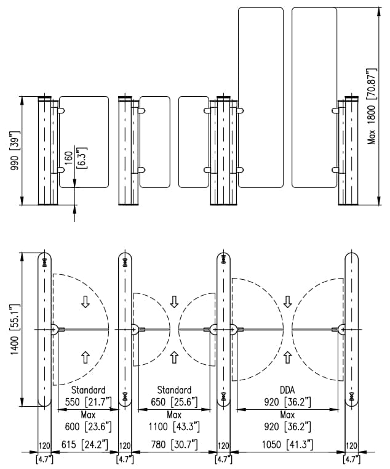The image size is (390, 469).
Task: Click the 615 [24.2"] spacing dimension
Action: pos(86,444)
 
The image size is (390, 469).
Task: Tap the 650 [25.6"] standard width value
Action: pos(174,401)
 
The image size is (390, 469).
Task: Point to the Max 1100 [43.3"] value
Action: pos(174,426)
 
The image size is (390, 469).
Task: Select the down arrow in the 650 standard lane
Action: pos(174,301)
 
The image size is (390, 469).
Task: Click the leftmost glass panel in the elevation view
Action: pos(84,141)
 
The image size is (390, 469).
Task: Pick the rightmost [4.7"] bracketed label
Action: pos(351,459)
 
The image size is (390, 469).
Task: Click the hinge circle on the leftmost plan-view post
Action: pos(55,330)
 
